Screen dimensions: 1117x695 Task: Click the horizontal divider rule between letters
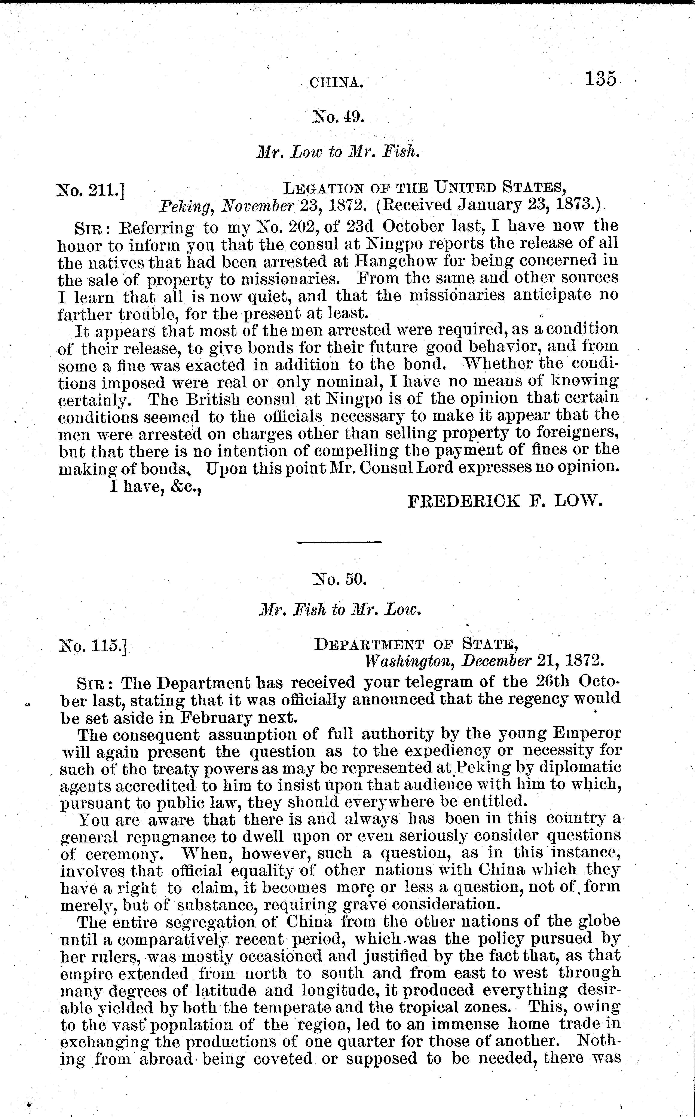click(x=339, y=542)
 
